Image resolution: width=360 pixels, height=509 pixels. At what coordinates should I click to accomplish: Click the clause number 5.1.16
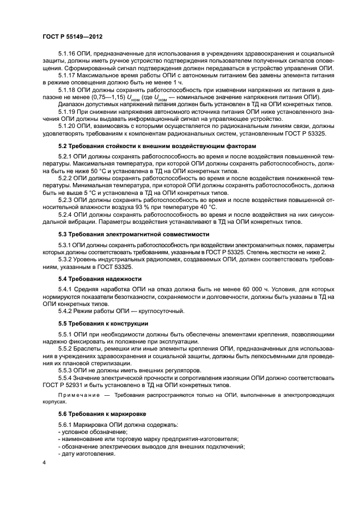68,54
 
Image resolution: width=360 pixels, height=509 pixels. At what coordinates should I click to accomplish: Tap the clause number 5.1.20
68,125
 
